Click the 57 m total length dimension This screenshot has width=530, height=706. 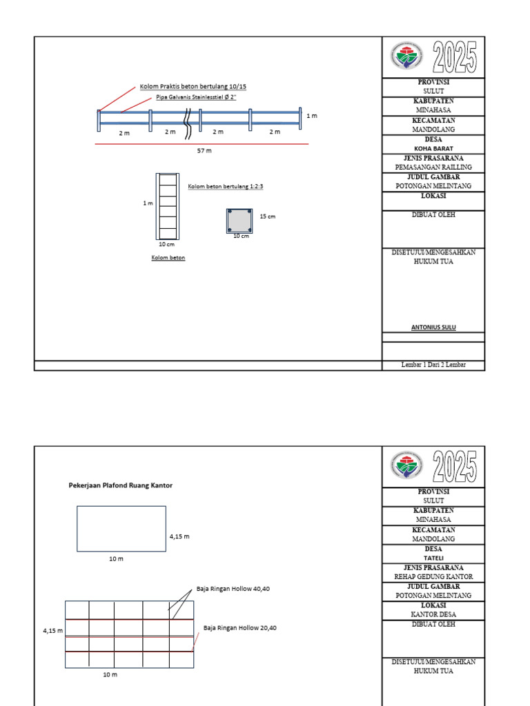click(x=204, y=150)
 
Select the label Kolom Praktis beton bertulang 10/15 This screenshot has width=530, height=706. click(x=193, y=86)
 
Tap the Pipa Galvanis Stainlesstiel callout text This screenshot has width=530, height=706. click(x=197, y=98)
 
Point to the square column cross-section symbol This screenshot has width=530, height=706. click(x=239, y=221)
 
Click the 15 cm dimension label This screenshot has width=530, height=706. click(x=267, y=216)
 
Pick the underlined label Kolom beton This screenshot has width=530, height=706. click(x=168, y=258)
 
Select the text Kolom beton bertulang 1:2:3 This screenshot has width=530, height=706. click(x=226, y=186)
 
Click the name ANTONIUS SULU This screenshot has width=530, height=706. click(x=433, y=327)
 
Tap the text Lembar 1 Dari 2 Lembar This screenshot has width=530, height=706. click(x=433, y=365)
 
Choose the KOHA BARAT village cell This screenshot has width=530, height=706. click(x=433, y=148)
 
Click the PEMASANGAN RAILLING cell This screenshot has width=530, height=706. click(x=433, y=168)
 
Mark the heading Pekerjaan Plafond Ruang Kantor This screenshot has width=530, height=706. click(x=121, y=485)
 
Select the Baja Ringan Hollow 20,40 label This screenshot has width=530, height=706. click(x=240, y=628)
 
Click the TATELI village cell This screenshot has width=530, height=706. click(x=433, y=558)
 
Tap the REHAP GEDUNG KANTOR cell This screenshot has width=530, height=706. click(x=433, y=576)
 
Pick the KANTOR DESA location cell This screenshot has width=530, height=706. click(x=433, y=614)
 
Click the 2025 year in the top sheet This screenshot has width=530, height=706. click(x=455, y=57)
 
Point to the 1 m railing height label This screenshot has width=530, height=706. click(x=312, y=117)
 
